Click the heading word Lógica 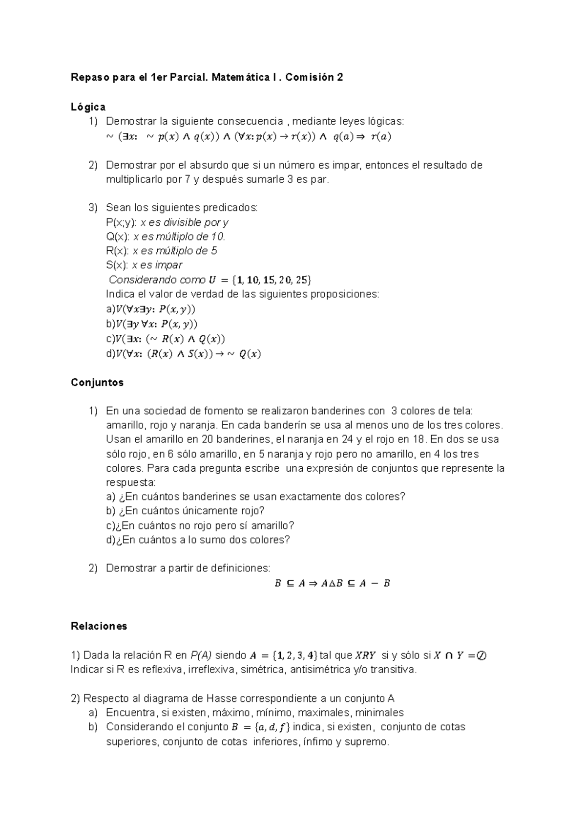(88, 107)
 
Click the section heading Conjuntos (97, 382)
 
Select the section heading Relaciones (99, 626)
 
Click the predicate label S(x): (117, 265)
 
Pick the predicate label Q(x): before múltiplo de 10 (118, 237)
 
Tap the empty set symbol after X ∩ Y (481, 655)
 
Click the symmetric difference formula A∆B (332, 583)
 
